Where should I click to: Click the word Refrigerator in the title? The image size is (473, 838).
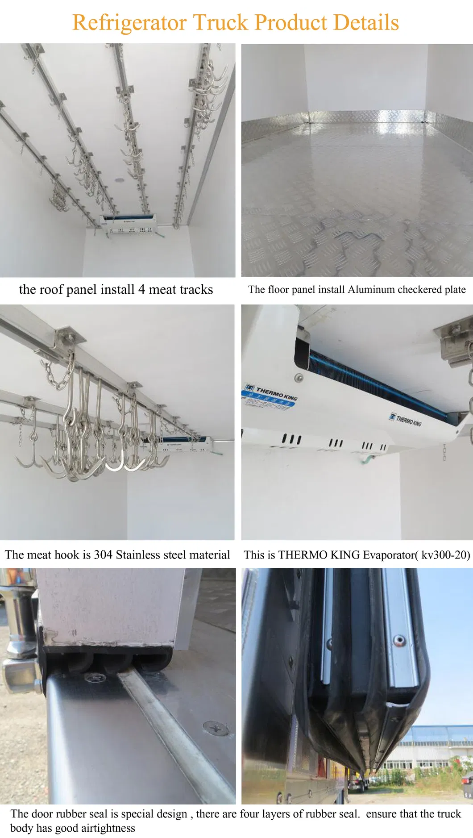129,23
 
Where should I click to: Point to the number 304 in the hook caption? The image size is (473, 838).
103,554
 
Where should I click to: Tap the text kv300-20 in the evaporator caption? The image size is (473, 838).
444,554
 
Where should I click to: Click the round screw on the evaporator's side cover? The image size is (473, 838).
299,378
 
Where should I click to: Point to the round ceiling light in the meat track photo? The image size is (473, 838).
119,180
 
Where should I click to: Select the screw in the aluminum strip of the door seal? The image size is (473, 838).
399,642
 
